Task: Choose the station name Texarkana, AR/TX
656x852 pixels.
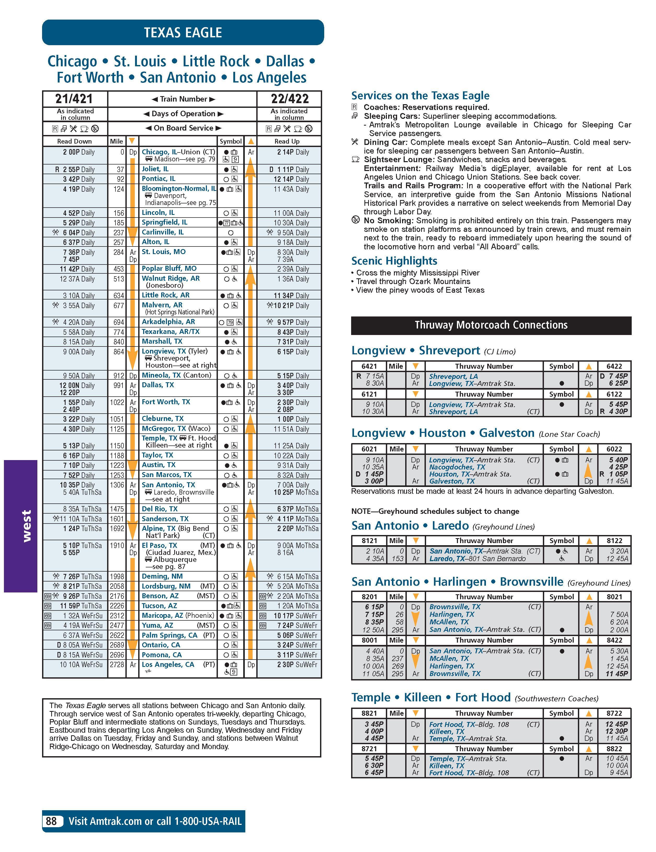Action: [x=170, y=332]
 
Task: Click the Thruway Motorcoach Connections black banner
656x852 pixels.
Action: [x=491, y=325]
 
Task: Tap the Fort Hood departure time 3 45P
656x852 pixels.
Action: [x=374, y=724]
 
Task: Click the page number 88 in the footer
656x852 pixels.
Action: [x=51, y=821]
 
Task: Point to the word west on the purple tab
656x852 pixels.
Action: [x=26, y=526]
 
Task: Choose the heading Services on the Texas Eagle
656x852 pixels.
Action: [x=420, y=96]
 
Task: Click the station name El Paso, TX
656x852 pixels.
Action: [x=159, y=545]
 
